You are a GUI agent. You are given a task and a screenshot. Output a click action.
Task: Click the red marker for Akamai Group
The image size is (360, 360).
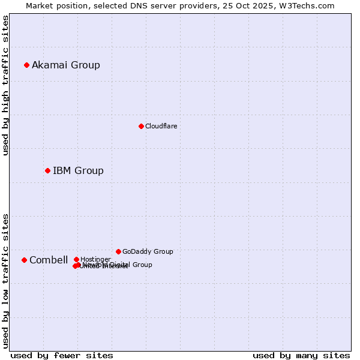click(x=27, y=65)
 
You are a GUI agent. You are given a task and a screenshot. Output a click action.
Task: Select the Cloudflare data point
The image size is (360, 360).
click(x=141, y=126)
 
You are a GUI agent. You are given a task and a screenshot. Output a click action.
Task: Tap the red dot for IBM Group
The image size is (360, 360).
click(x=47, y=170)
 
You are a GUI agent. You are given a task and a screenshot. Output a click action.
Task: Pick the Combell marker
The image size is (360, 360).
click(x=24, y=260)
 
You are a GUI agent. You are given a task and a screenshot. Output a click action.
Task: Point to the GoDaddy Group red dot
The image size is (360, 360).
click(x=118, y=251)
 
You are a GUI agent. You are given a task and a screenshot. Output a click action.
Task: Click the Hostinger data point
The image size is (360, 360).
click(x=76, y=259)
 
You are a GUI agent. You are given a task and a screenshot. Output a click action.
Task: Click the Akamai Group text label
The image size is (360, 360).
click(x=66, y=65)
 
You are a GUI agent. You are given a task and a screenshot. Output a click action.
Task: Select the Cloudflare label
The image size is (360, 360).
click(x=161, y=126)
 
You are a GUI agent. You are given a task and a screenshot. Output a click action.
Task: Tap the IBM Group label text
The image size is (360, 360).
click(x=78, y=170)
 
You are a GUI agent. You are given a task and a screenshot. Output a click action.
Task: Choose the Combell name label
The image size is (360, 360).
click(x=49, y=260)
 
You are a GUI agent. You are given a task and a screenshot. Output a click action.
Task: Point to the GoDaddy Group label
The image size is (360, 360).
click(x=148, y=251)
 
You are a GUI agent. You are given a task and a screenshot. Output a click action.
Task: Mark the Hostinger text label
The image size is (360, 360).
click(x=95, y=259)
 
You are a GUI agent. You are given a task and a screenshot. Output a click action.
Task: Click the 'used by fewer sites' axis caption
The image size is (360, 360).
click(x=62, y=355)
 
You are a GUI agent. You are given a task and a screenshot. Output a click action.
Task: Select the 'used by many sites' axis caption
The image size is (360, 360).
click(x=301, y=355)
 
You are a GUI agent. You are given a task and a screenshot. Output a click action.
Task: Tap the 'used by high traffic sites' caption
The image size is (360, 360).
click(x=5, y=85)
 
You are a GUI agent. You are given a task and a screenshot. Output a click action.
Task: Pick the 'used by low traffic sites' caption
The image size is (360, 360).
click(x=5, y=280)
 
